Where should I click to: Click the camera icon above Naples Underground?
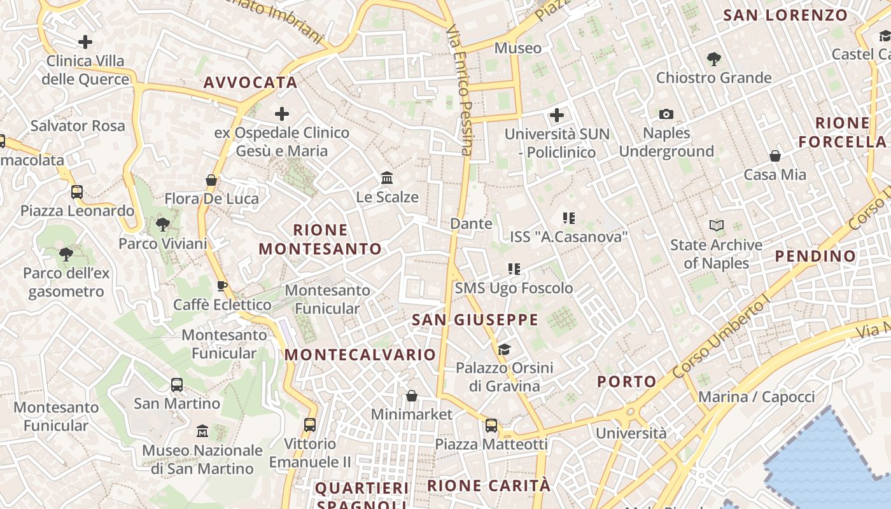point(666,115)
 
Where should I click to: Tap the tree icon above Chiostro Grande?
point(713,59)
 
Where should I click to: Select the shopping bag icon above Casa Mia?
point(775,156)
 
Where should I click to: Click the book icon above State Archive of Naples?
point(717,225)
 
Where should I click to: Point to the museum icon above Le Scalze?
point(387,178)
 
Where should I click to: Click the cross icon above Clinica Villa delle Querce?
point(85,43)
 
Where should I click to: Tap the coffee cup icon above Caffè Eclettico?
point(222,286)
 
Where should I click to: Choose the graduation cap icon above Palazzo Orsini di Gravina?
point(504,349)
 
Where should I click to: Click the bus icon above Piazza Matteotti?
point(491,426)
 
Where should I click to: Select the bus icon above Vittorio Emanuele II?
point(310,425)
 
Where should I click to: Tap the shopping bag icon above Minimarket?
point(412,396)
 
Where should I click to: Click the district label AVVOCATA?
point(251,83)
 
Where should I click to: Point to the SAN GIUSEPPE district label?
point(475,319)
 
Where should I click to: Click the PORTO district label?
point(627,382)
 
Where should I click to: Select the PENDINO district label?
point(815,256)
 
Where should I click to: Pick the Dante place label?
point(471,224)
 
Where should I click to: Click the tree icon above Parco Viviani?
point(163,225)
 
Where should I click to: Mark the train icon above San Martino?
point(177,385)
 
